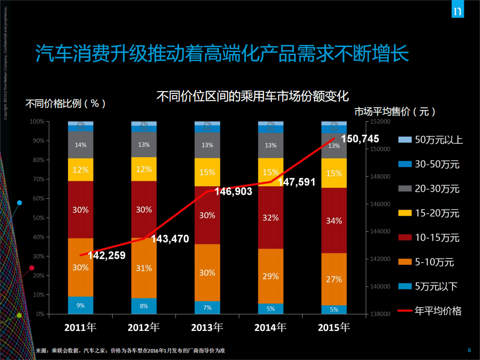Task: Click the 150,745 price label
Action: coord(360,139)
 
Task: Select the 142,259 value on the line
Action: coord(106,255)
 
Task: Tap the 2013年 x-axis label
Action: coord(207,328)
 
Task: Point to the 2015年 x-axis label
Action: coord(334,328)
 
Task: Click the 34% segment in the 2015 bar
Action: coord(334,220)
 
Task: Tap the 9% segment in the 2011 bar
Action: coord(81,305)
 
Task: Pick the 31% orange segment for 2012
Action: coord(144,268)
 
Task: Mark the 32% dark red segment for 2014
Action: coord(270,217)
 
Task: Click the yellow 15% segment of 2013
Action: coord(207,172)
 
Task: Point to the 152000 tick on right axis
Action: coord(378,122)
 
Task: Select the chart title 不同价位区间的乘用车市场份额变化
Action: coord(252,96)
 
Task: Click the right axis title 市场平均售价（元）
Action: coord(394,111)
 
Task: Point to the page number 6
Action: coord(469,350)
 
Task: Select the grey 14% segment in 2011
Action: coord(81,145)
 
